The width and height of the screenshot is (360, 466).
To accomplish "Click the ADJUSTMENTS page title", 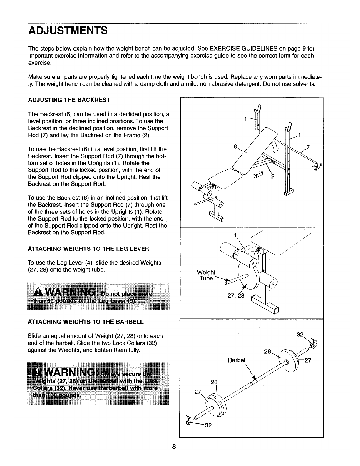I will [68, 30].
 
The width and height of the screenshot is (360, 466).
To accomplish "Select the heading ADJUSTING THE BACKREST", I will [69, 100].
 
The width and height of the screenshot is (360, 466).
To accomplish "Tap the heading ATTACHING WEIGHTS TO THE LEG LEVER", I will [88, 249].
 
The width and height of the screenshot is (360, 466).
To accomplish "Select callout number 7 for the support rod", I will [308, 147].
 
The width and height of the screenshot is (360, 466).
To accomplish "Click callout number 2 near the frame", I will [273, 177].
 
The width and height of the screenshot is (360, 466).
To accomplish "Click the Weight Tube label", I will [206, 275].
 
